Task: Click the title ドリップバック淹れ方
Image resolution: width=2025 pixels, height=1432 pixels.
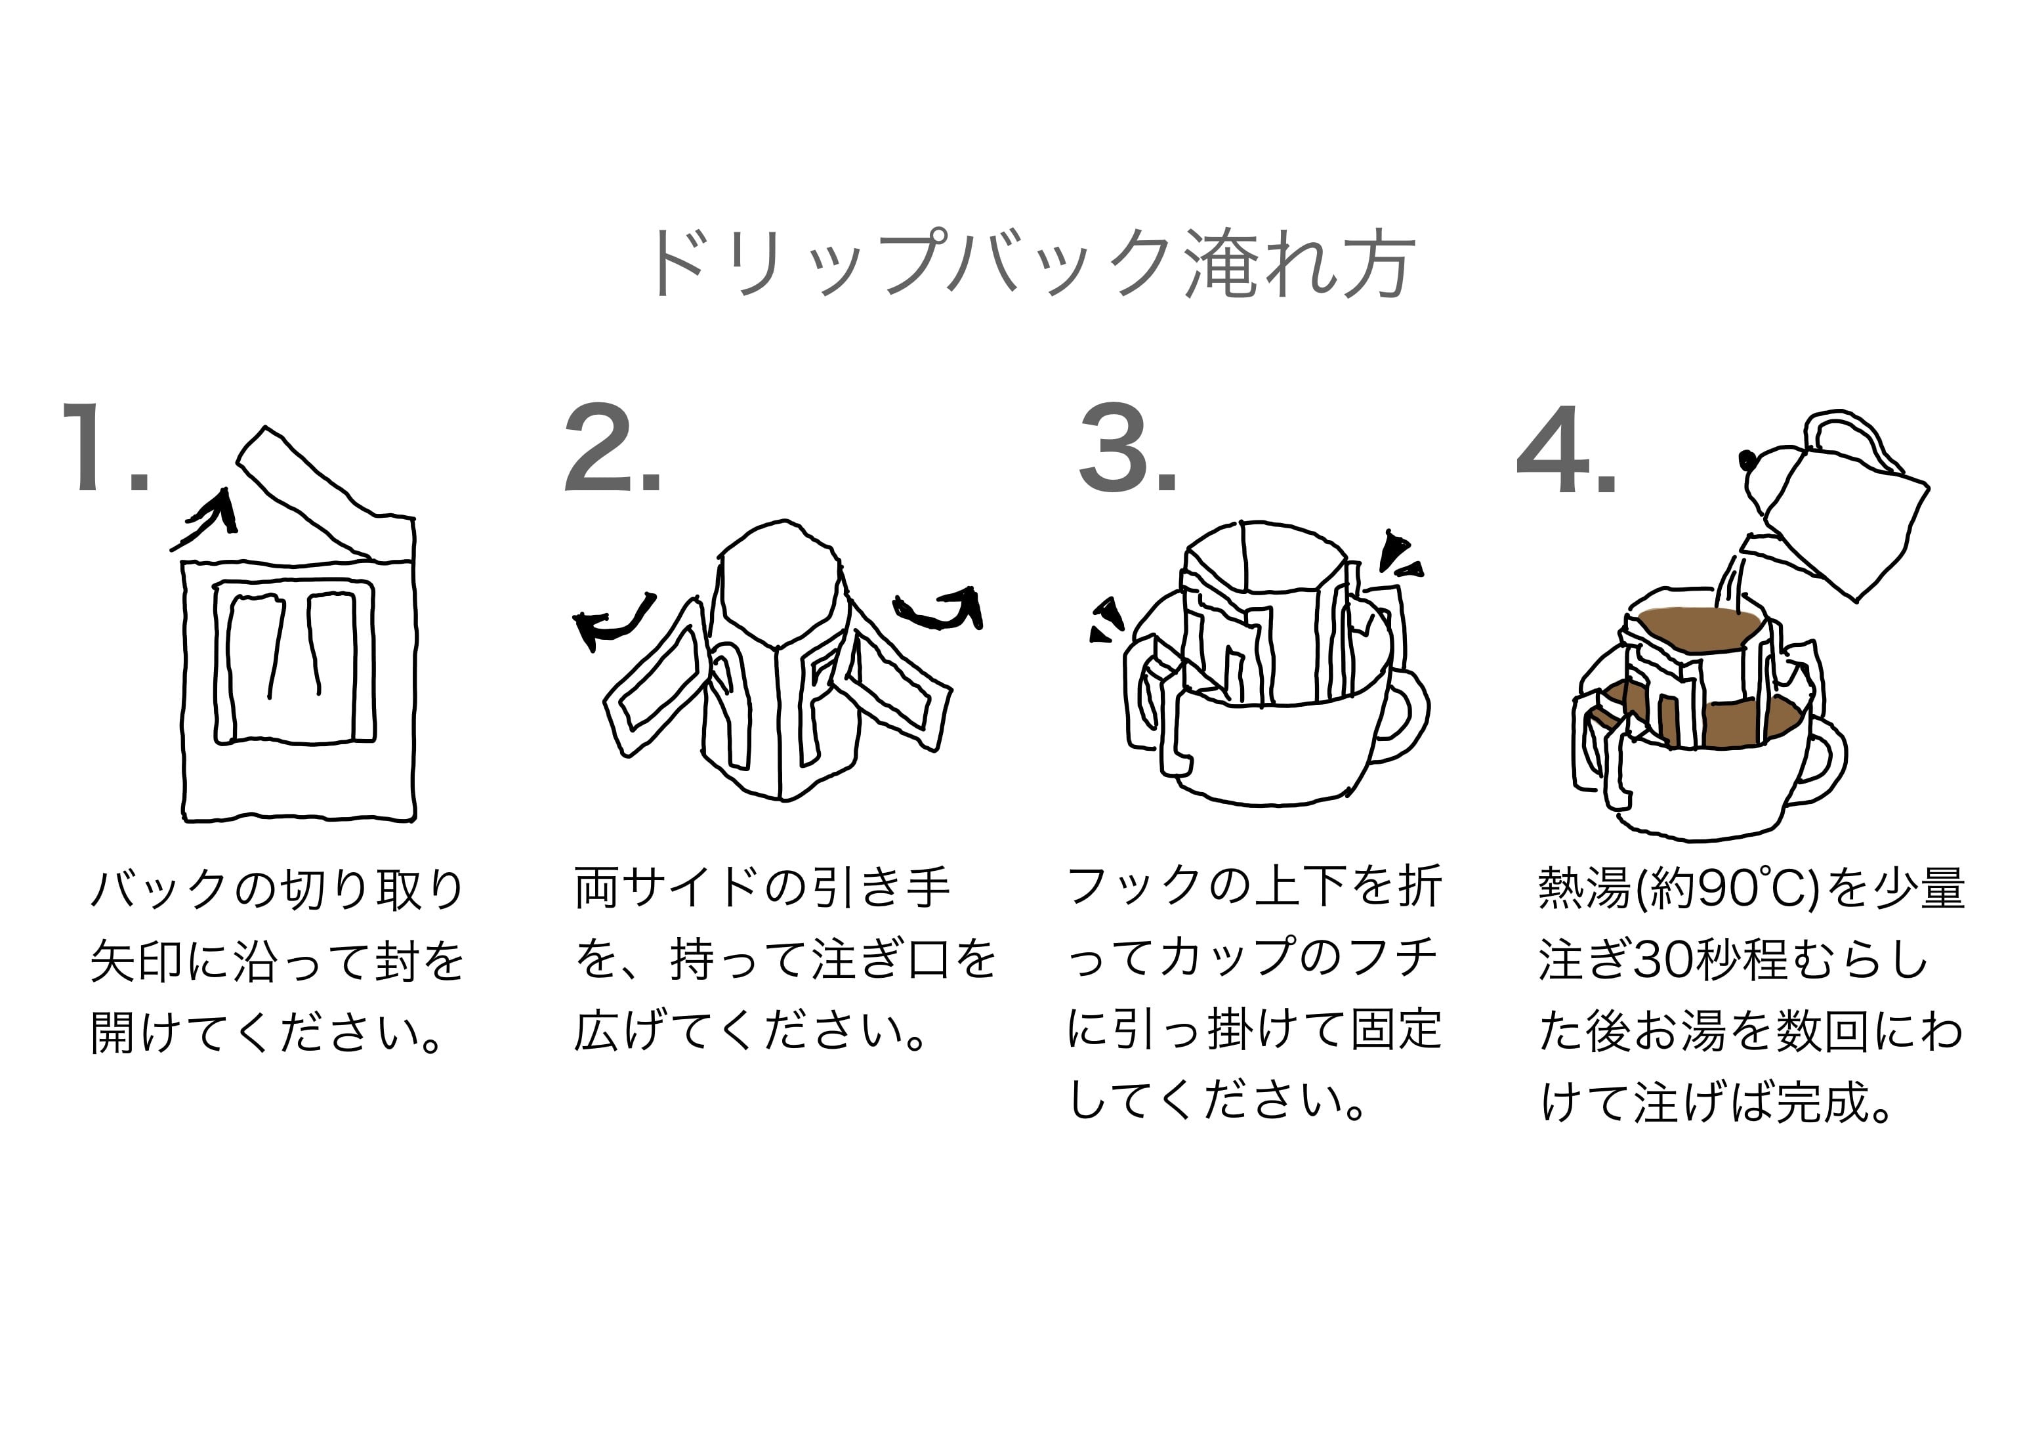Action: [1030, 263]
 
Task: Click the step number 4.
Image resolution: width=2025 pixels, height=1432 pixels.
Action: [1566, 450]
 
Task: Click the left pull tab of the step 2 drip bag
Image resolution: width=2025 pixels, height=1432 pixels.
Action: [653, 679]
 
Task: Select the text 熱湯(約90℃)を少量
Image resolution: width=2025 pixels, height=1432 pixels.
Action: [1751, 889]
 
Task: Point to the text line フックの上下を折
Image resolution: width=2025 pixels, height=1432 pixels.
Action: [1255, 887]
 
